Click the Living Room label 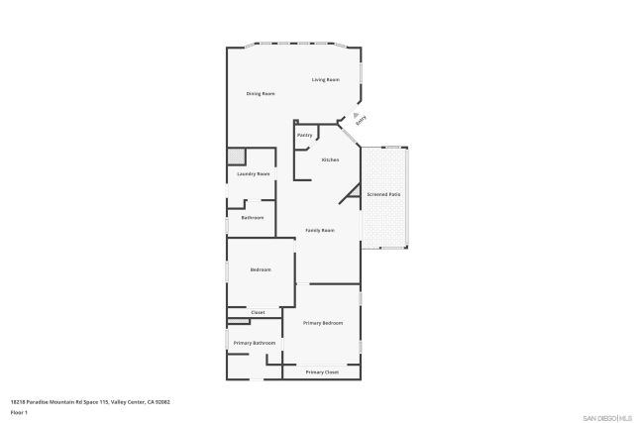326,79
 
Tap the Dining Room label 262,93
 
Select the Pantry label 304,135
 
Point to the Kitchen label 330,159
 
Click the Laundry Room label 254,174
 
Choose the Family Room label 319,230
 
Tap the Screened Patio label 383,194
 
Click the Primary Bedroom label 323,323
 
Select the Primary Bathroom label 255,343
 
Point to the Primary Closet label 322,371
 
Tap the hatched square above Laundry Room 237,157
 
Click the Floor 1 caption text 19,412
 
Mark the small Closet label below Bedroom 258,312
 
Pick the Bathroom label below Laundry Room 253,217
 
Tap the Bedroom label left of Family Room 261,269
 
